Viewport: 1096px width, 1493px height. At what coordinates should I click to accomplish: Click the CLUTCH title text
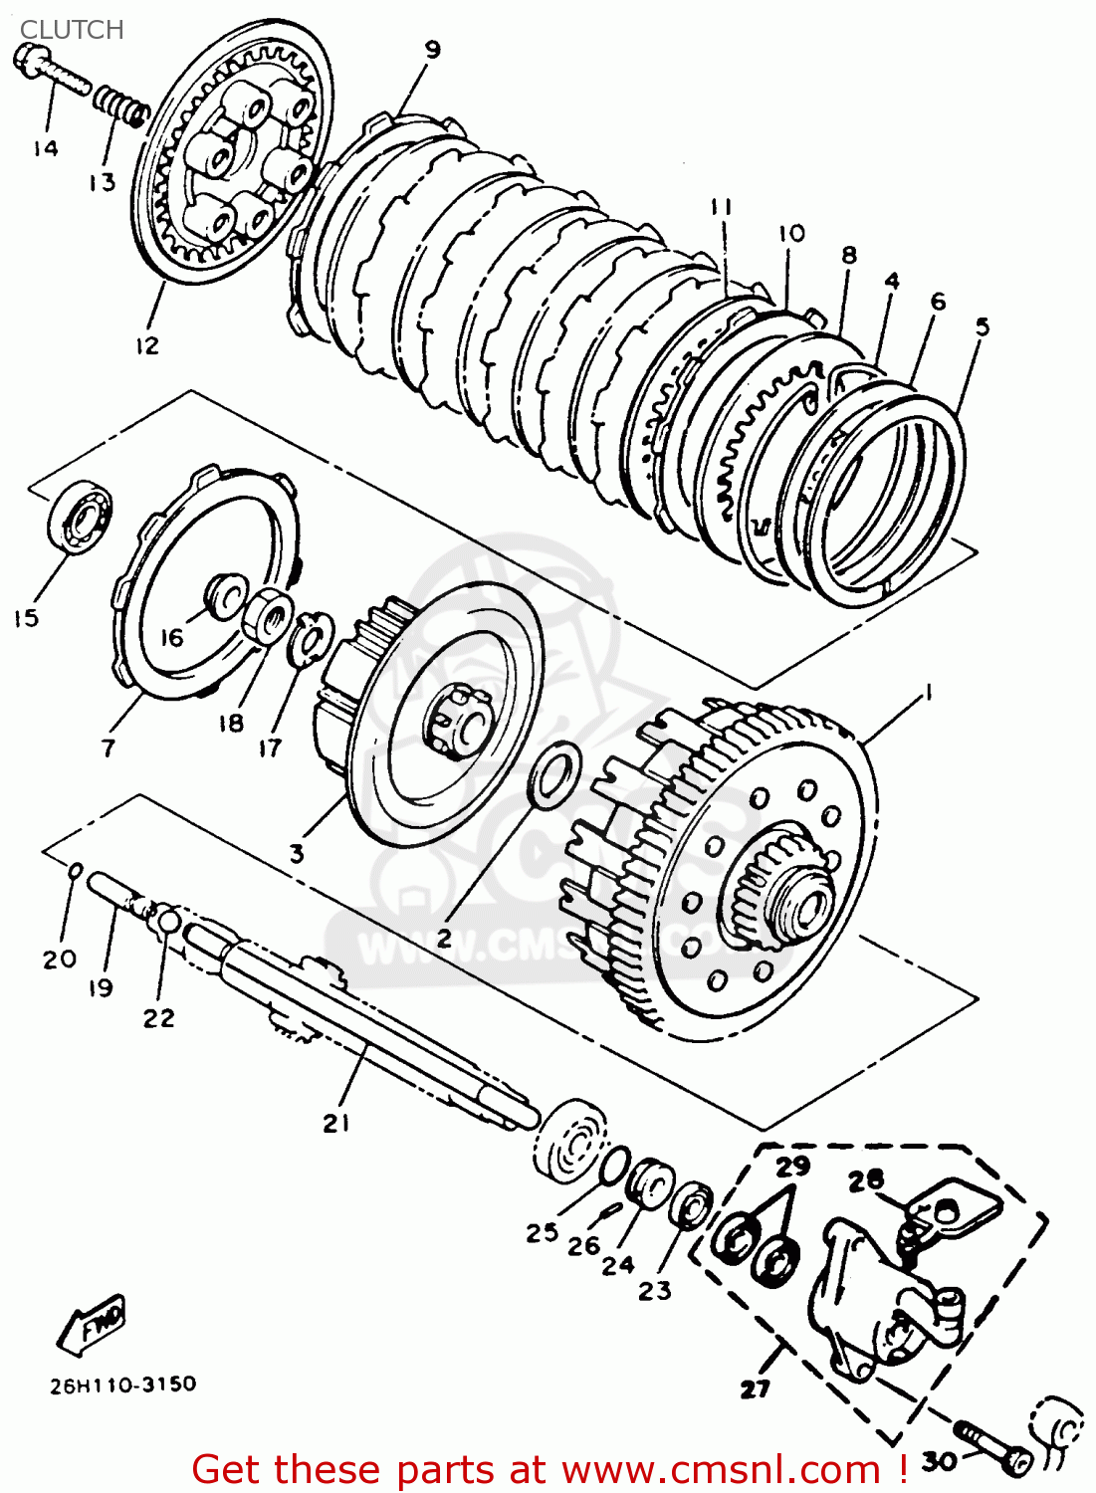click(x=72, y=30)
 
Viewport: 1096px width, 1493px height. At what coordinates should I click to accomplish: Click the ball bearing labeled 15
click(x=80, y=515)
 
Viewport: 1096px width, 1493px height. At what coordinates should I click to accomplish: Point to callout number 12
click(x=146, y=345)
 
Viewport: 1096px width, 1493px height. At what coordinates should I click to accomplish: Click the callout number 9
click(x=431, y=50)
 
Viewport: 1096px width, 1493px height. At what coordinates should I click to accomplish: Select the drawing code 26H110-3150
click(x=123, y=1384)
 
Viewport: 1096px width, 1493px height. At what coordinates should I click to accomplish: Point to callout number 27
click(x=756, y=1387)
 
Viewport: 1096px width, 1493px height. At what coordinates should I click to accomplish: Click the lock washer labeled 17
click(x=310, y=637)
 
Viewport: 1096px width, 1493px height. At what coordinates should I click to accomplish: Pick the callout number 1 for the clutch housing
click(x=928, y=692)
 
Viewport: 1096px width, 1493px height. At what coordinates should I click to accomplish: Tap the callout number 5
click(x=982, y=326)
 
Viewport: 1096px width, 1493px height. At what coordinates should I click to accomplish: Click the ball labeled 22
click(x=170, y=921)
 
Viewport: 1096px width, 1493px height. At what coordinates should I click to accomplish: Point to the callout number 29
click(x=793, y=1166)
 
